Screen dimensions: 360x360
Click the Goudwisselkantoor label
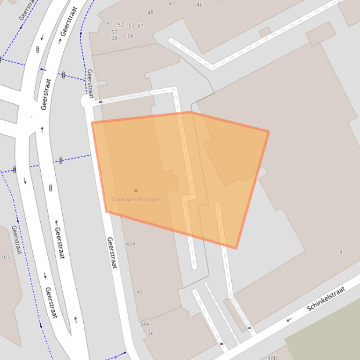tap(136, 199)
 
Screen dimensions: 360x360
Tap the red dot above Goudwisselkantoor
tap(136, 190)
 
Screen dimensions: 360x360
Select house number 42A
tap(131, 244)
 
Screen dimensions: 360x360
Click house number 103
tap(5, 257)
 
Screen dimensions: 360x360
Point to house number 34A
tap(145, 324)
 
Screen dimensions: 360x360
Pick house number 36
tap(150, 333)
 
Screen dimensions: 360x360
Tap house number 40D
tap(272, 358)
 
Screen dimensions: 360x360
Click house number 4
tap(341, 252)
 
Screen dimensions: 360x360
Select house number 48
tap(150, 13)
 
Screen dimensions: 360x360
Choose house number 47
tap(172, 4)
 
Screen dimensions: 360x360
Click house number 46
tap(199, 5)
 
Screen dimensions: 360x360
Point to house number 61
tap(140, 26)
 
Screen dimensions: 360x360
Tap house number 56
tap(130, 36)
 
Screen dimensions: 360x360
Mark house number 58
tap(114, 38)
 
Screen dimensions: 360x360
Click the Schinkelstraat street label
tap(326, 299)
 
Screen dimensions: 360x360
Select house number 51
tap(110, 24)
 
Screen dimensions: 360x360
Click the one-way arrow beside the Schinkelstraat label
tap(289, 320)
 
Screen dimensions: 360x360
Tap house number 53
tap(131, 26)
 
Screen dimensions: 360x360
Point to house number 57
tap(114, 33)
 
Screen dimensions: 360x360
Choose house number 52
tap(121, 25)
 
